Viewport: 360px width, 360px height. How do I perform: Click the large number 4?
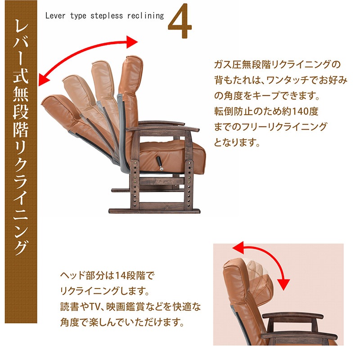click(x=180, y=21)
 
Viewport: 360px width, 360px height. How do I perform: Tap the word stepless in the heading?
click(x=107, y=16)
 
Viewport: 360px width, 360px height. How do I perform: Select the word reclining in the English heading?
click(x=145, y=16)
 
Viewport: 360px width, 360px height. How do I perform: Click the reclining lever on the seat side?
click(x=160, y=163)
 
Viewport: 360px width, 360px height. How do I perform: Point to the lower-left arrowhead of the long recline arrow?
click(x=44, y=80)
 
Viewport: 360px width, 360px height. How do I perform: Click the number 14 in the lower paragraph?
click(x=120, y=275)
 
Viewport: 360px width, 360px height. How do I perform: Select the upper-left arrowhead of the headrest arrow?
click(x=238, y=247)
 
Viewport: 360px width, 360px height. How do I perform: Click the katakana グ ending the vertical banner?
click(x=21, y=247)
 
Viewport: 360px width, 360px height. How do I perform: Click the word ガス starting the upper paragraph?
click(x=222, y=64)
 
